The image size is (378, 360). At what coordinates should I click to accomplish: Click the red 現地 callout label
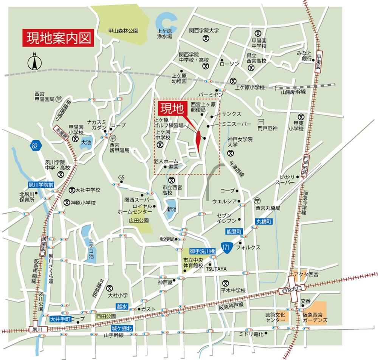coord(171,108)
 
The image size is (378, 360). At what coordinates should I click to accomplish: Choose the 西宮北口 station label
coord(293,290)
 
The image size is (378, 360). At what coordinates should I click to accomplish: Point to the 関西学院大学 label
coord(204,30)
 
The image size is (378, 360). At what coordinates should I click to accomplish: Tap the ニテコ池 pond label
coord(91,246)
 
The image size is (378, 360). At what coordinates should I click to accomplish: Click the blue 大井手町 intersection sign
coord(60,319)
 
